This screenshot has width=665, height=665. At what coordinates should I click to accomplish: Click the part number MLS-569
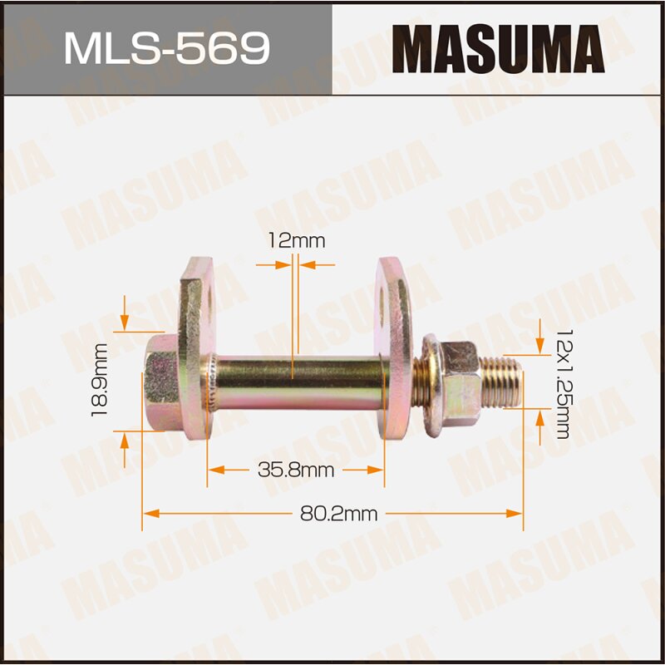[x=166, y=48]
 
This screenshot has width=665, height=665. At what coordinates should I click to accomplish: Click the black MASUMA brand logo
[x=498, y=48]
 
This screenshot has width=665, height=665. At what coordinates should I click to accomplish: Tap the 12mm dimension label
[x=296, y=241]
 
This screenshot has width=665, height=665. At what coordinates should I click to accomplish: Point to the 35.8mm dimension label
[x=296, y=470]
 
